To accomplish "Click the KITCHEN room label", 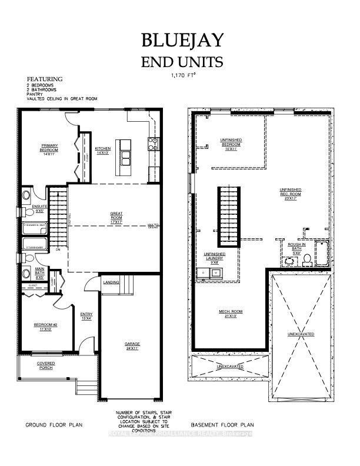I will pyautogui.click(x=102, y=150).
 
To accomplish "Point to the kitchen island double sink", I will pyautogui.click(x=125, y=157).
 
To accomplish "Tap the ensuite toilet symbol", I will pyautogui.click(x=26, y=195).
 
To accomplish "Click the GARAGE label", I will pyautogui.click(x=131, y=346).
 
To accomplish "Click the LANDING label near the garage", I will pyautogui.click(x=111, y=282).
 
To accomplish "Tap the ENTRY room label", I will pyautogui.click(x=86, y=317).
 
